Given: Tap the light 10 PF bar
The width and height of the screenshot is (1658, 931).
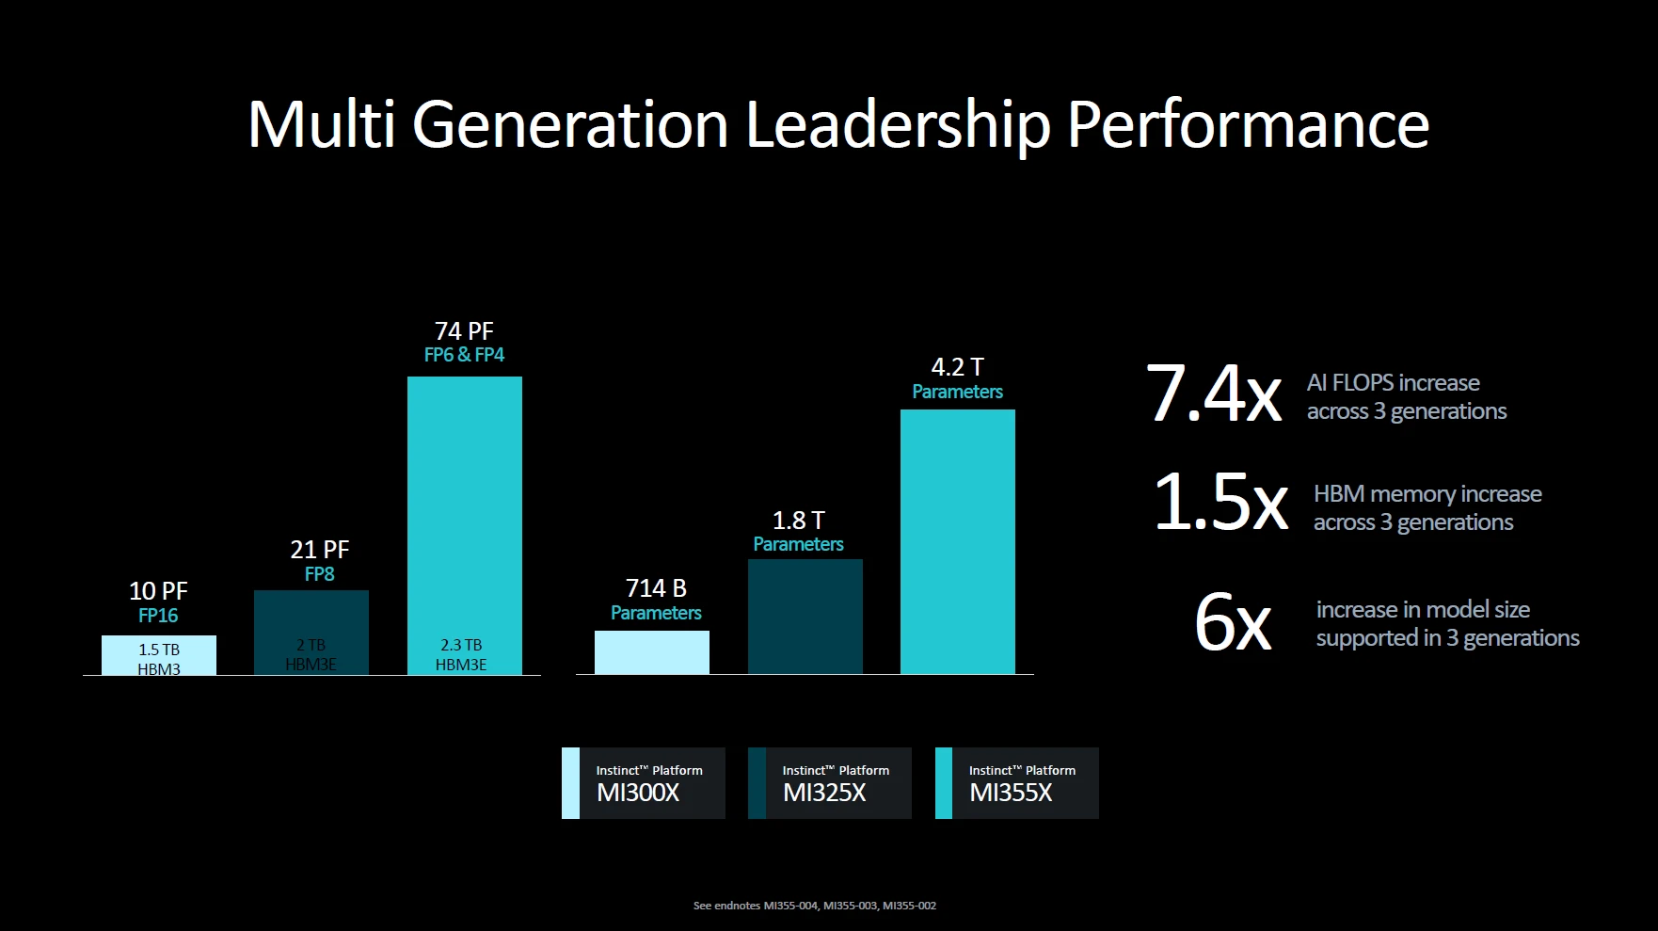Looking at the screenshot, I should click(159, 655).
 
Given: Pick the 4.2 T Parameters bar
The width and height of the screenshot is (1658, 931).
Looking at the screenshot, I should click(957, 541).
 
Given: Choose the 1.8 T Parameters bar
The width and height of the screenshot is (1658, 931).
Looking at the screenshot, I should click(805, 616).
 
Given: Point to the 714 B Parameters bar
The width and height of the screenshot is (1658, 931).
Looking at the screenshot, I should click(651, 651).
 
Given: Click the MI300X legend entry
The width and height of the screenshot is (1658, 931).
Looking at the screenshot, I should click(643, 783).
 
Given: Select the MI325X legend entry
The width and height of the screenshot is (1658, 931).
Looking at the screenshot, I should click(829, 783).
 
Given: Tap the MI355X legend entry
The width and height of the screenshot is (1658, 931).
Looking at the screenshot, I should click(1016, 783).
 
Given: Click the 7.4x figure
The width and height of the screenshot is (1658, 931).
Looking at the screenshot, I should click(1213, 393).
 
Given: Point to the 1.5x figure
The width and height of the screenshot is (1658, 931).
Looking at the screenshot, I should click(1220, 502).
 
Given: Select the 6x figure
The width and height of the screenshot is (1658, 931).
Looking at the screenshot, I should click(1233, 621).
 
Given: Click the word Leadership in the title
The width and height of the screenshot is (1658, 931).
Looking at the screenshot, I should click(897, 125).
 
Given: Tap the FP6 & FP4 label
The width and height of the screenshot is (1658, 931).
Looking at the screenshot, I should click(464, 355).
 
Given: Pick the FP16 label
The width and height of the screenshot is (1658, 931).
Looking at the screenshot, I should click(158, 616).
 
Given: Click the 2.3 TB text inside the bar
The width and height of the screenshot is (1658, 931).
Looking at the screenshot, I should click(461, 645).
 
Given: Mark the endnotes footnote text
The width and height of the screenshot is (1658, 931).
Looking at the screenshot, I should click(815, 906).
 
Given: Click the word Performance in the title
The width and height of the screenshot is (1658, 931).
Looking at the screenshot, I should click(1248, 125).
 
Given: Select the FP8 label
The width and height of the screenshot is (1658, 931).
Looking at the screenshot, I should click(319, 574).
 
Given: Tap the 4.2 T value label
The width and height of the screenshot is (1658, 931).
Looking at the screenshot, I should click(957, 367).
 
